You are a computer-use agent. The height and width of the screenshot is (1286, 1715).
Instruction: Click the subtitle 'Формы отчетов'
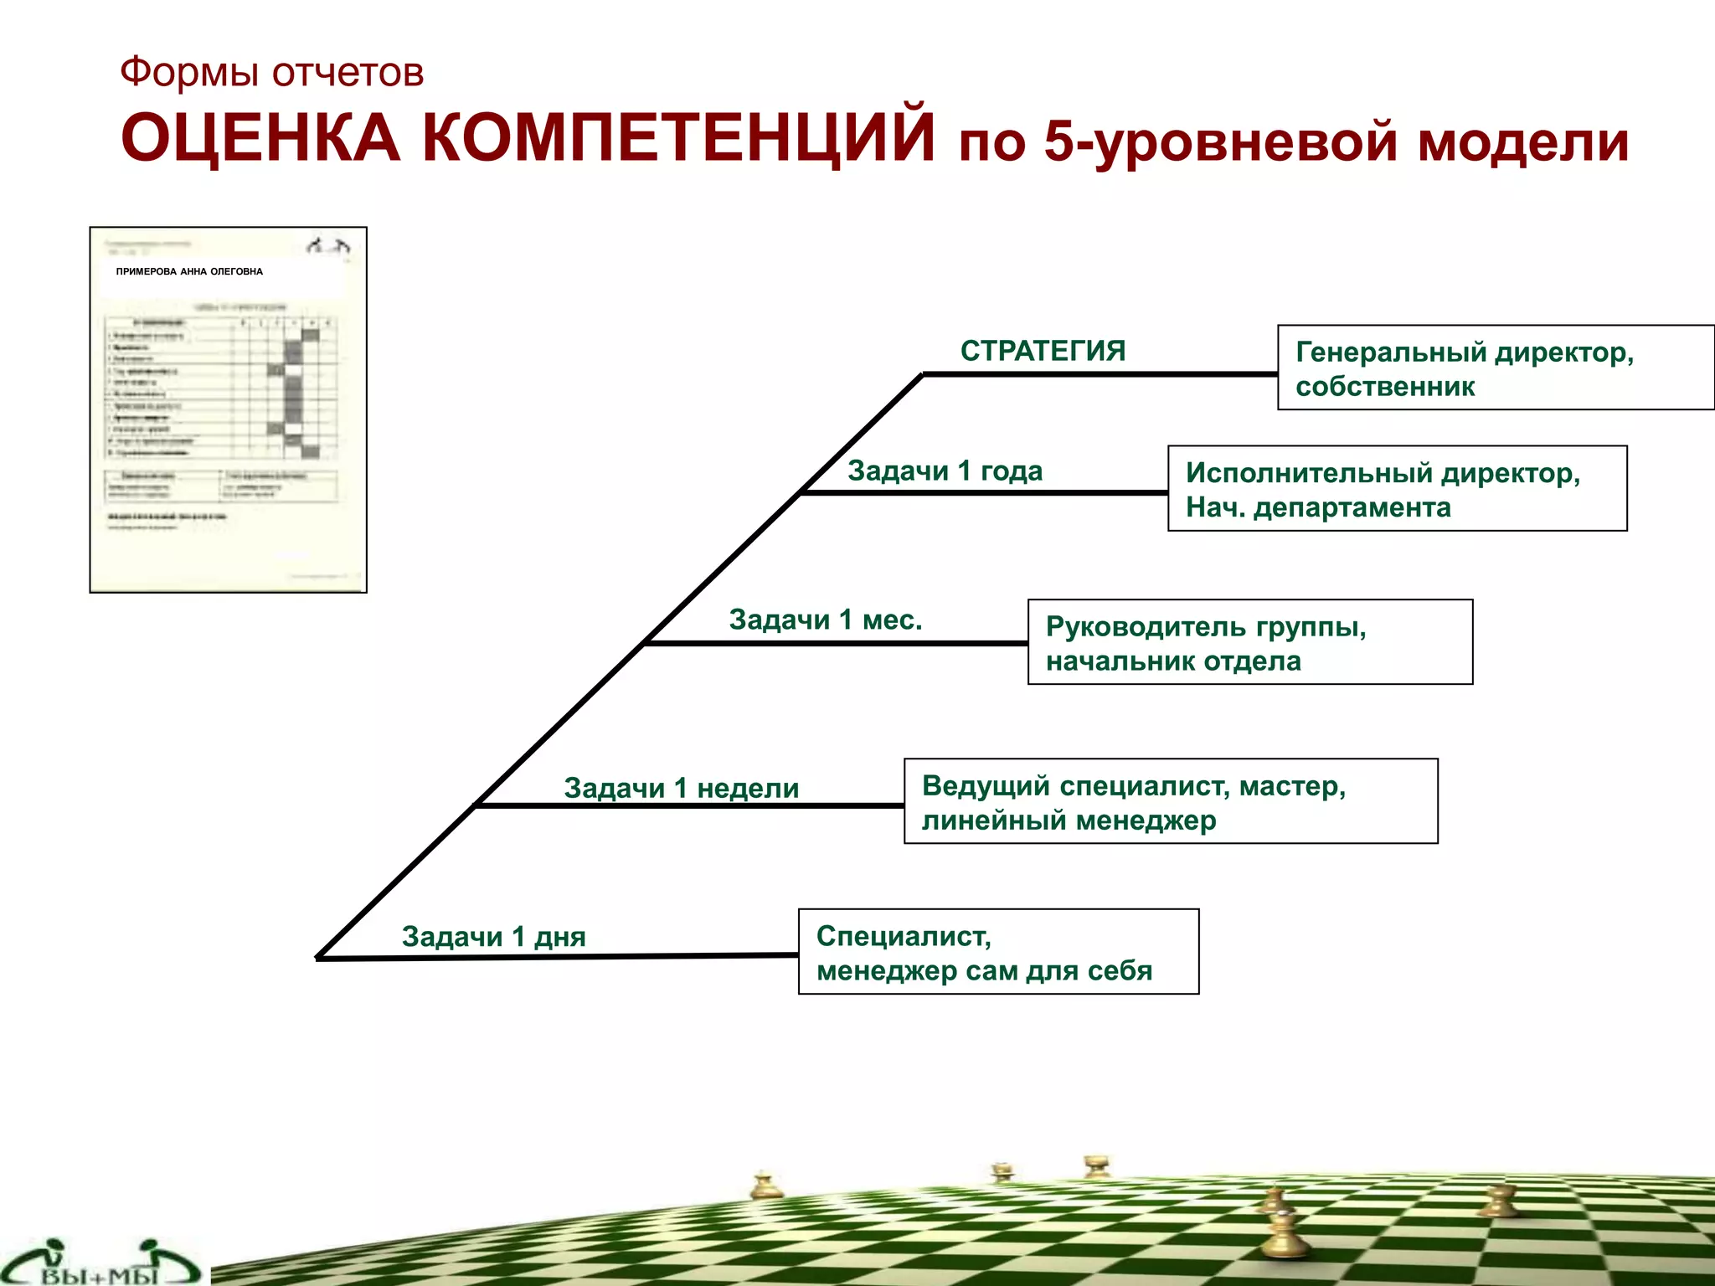[271, 72]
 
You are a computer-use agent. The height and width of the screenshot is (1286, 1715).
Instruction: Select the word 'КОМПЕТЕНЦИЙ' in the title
[678, 138]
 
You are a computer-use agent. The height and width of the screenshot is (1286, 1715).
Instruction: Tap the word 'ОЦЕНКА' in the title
[260, 138]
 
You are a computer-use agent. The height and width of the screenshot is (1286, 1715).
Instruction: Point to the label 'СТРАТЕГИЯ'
[1043, 351]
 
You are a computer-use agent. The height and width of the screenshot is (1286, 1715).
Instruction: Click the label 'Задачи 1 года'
[945, 471]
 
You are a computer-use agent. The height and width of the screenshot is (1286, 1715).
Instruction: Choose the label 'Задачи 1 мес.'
[825, 620]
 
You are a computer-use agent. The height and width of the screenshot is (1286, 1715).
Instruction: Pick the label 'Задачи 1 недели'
[681, 788]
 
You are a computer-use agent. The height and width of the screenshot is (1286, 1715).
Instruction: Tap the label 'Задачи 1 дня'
[493, 936]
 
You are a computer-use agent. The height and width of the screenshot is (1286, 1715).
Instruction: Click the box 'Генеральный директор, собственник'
[1495, 368]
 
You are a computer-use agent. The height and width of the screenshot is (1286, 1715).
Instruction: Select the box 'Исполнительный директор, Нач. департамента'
[1397, 489]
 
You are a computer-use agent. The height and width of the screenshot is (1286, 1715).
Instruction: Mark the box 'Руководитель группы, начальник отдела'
[1249, 642]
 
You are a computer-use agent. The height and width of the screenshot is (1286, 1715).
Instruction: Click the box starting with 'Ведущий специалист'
[1170, 801]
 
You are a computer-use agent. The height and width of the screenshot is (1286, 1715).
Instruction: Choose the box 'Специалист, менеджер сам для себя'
[998, 952]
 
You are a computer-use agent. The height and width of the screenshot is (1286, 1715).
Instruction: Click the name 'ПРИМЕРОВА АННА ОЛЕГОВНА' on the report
[189, 271]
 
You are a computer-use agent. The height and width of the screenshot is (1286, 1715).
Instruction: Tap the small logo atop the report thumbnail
[327, 245]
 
